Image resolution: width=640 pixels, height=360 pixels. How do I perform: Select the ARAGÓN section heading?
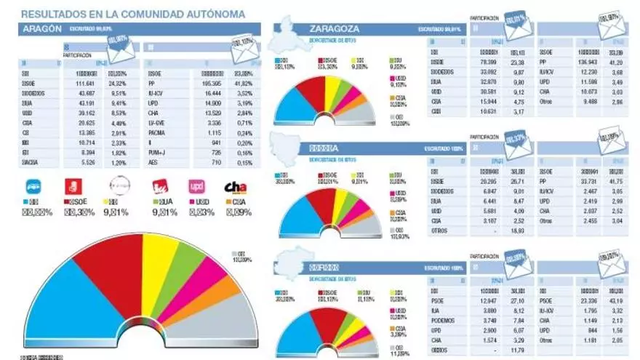(42, 28)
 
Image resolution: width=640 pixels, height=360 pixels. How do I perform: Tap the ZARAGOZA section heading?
(334, 28)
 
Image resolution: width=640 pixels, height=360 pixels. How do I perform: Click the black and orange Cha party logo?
(236, 188)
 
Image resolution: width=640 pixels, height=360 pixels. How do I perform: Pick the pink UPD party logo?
(196, 187)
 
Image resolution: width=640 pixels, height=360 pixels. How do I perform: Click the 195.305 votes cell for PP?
(202, 84)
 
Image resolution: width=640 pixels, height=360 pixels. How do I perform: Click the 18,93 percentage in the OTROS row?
(518, 230)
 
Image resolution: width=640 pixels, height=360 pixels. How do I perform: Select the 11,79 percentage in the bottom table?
(518, 349)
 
